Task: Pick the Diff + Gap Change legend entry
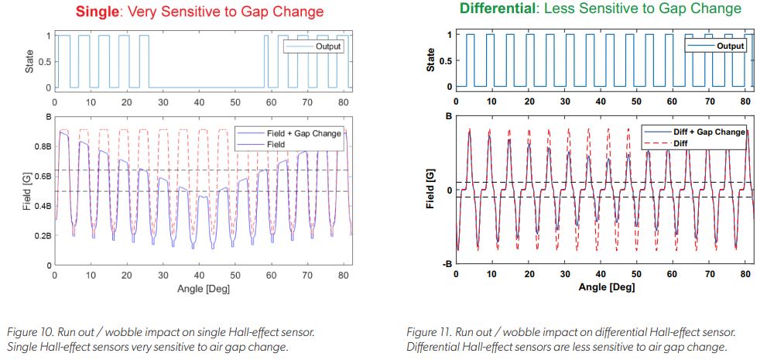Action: click(x=710, y=132)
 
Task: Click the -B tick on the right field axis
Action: click(x=445, y=265)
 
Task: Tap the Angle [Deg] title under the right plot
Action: click(x=606, y=287)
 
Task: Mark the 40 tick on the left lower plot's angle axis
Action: click(x=199, y=276)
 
